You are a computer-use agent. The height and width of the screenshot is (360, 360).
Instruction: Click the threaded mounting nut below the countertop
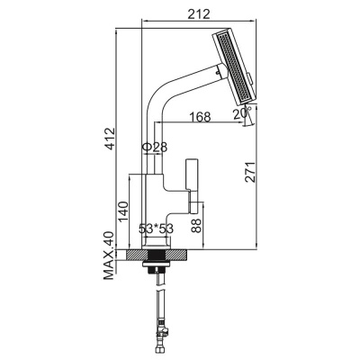click(x=157, y=267)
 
